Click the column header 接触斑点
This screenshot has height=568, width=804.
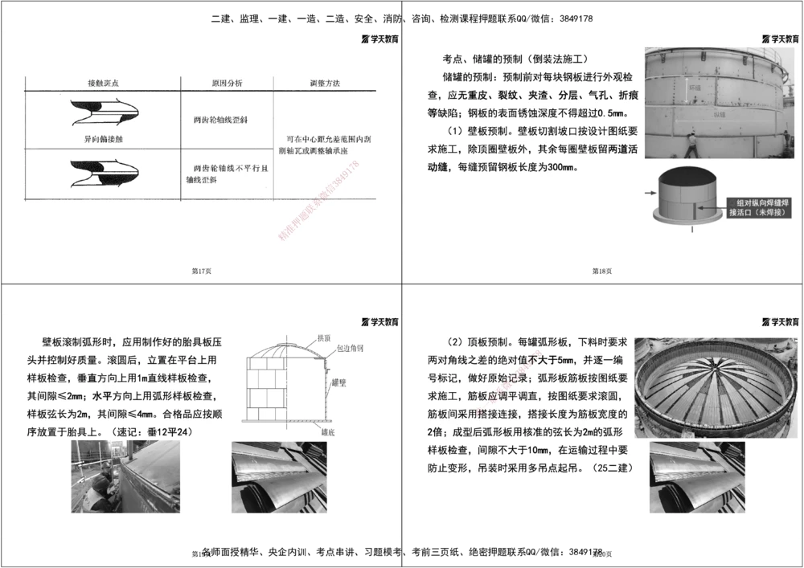pyautogui.click(x=105, y=83)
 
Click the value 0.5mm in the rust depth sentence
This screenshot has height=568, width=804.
pyautogui.click(x=610, y=112)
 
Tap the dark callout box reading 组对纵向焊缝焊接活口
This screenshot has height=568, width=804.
pyautogui.click(x=758, y=207)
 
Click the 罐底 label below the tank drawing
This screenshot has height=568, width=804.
pyautogui.click(x=327, y=431)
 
